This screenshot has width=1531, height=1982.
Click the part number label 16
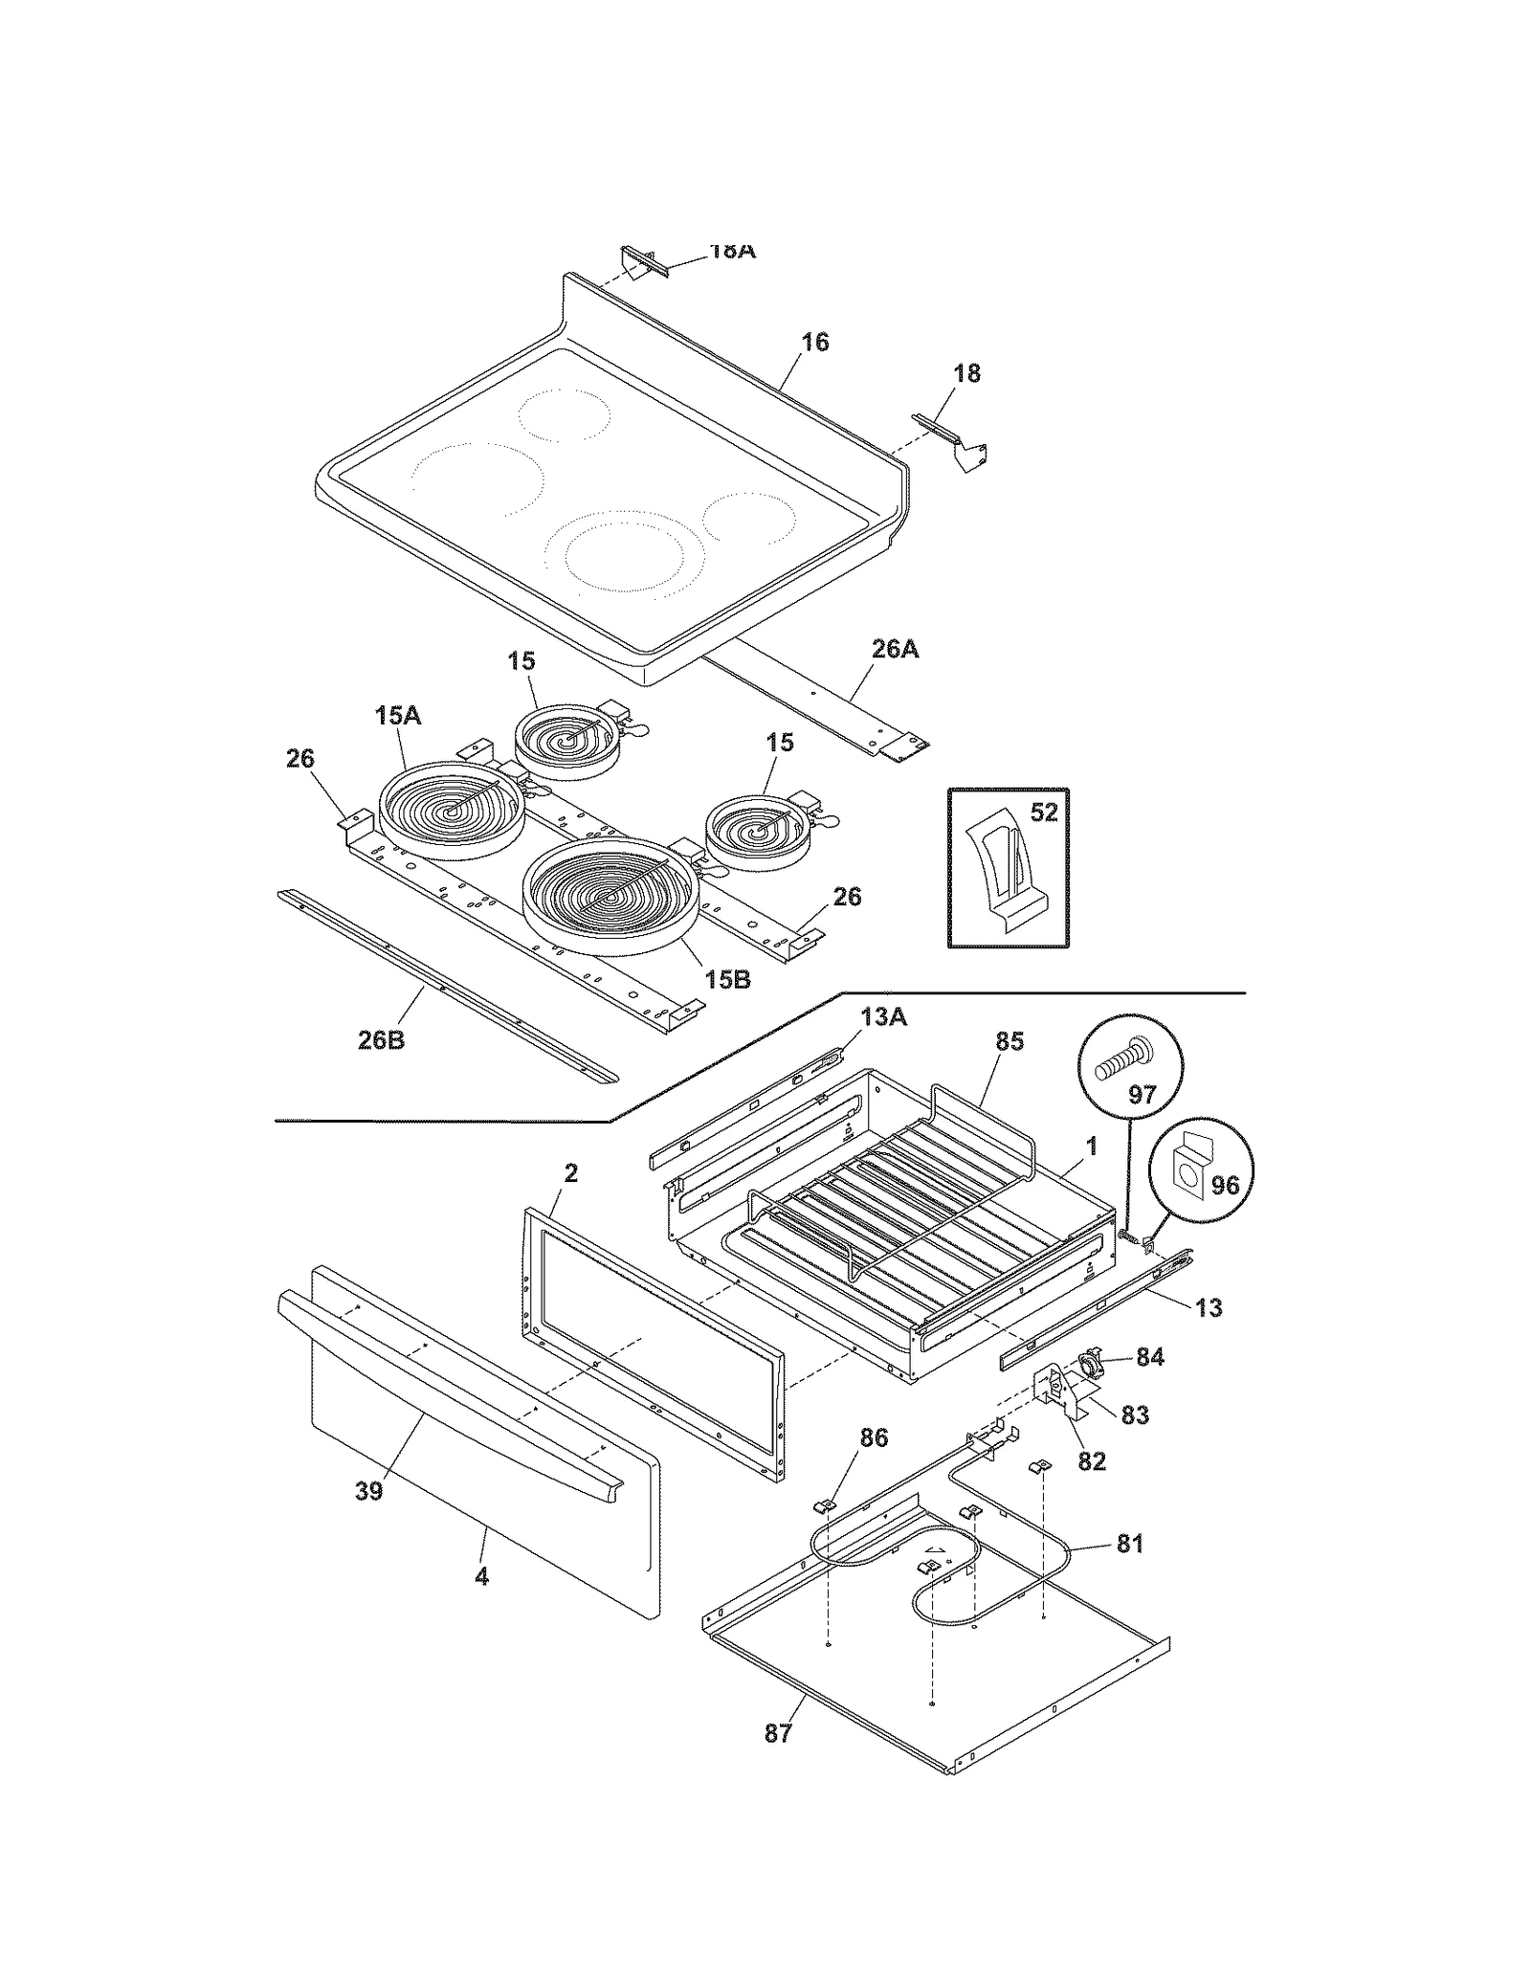point(814,342)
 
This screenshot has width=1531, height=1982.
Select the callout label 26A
point(895,649)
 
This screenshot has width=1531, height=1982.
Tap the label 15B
point(727,980)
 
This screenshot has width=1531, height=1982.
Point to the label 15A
point(397,715)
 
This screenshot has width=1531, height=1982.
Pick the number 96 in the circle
point(1225,1186)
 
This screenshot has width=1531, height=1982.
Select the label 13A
point(882,1017)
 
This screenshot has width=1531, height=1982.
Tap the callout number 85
point(1009,1041)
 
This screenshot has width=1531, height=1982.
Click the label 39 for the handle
point(369,1491)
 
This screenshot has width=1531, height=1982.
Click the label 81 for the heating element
point(1130,1544)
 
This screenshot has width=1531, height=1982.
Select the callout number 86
point(874,1437)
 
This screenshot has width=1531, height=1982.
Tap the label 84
point(1149,1357)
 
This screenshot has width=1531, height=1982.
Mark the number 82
point(1091,1460)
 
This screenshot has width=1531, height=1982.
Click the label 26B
point(381,1040)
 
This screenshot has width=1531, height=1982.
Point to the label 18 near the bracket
point(967,373)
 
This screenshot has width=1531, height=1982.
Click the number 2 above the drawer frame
point(570,1172)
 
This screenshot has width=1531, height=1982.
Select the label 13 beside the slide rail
point(1209,1307)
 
